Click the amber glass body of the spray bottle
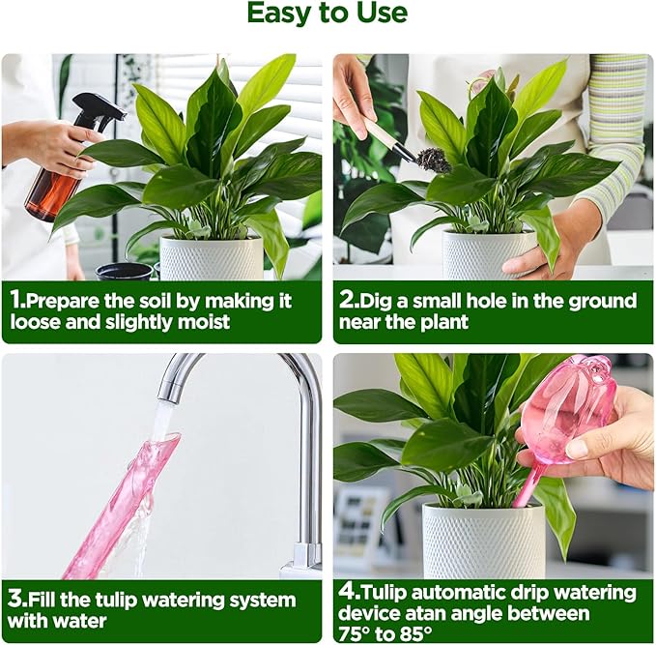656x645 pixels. coord(52,193)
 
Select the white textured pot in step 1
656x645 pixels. coord(212,257)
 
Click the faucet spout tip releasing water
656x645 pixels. coord(167,396)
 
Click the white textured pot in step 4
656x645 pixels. coord(484,542)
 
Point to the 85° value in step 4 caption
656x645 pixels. coord(414,632)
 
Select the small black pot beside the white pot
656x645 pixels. coord(124,272)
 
